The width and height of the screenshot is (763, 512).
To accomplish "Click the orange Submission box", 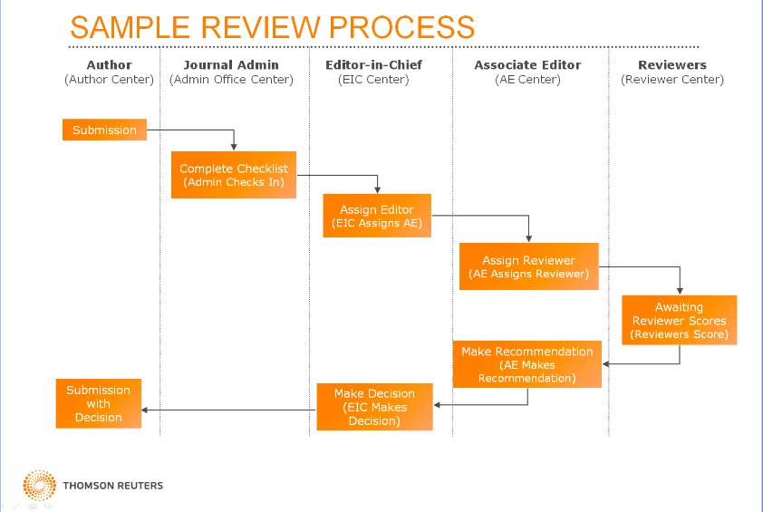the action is [x=104, y=130].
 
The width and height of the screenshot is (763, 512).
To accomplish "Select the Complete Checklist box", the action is [x=234, y=175].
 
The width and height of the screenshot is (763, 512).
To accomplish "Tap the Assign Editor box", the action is [x=377, y=216].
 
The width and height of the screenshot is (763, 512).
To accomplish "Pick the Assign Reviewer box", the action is [x=529, y=266].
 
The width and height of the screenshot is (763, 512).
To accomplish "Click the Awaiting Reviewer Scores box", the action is [x=680, y=320].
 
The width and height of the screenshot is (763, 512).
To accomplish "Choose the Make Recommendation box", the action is [x=527, y=364].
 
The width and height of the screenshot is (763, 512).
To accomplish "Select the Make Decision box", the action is [x=374, y=407].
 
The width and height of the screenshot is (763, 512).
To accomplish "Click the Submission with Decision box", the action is [x=99, y=403].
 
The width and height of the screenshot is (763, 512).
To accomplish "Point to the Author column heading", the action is [x=109, y=64].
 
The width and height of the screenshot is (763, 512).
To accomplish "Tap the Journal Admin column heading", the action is [x=231, y=64].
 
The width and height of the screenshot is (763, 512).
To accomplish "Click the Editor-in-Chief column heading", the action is [x=373, y=64].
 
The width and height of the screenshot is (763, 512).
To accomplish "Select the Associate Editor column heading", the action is [x=527, y=64].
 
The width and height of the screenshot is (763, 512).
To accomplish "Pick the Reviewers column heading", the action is [x=672, y=64].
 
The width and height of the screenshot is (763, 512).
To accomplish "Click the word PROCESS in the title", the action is [x=402, y=27].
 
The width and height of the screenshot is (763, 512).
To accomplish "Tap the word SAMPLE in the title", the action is [x=130, y=27].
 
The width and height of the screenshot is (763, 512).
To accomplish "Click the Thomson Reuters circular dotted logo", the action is [x=39, y=485].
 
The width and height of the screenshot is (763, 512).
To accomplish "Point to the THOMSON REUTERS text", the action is [x=113, y=485].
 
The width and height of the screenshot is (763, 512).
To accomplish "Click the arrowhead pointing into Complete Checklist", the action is [x=234, y=147].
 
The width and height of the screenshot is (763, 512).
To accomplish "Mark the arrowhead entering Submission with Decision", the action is [x=144, y=410].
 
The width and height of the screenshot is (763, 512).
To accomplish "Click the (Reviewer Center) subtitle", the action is [x=672, y=80].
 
